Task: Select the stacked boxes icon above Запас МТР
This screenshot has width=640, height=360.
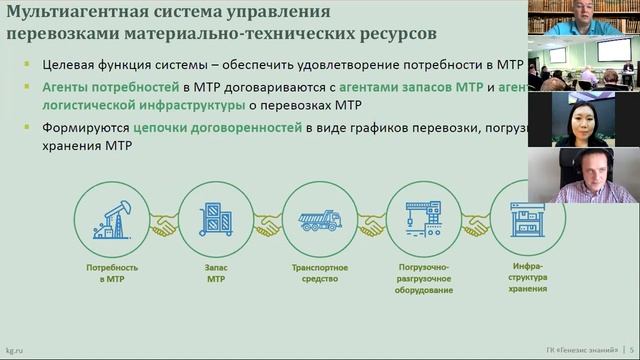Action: [x=216, y=219]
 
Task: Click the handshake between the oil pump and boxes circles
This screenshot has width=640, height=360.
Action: [x=164, y=228]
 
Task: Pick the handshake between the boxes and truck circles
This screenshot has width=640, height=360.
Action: [x=267, y=228]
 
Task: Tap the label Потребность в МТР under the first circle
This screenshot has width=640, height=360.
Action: [x=111, y=273]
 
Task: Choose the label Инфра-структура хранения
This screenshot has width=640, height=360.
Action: [x=527, y=277]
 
